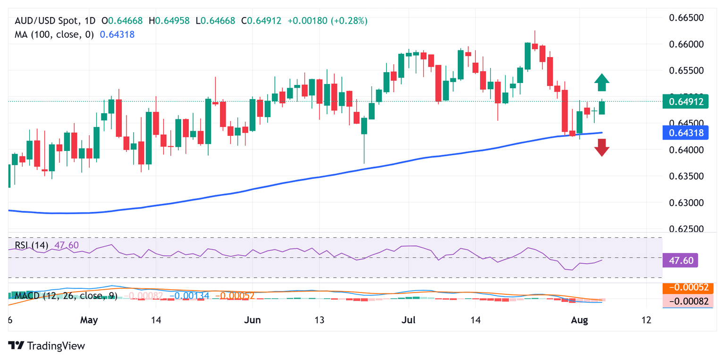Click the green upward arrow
pos(601,83)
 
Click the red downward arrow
pos(601,148)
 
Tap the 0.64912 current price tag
pos(685,101)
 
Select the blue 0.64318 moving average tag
pos(685,133)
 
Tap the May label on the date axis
pos(89,320)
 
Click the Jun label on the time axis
pos(253,320)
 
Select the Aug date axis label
pos(579,320)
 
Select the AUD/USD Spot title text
pos(48,21)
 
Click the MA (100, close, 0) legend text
pos(54,34)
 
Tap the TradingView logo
pos(47,345)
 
